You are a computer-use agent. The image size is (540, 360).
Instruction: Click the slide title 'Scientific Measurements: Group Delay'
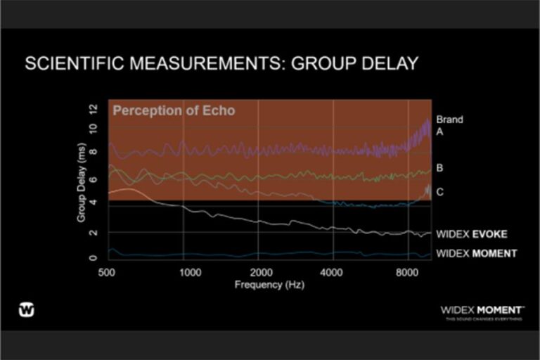(221, 64)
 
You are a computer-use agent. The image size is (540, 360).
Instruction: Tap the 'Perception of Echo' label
(174, 111)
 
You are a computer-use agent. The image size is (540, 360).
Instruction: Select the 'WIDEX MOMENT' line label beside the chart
(476, 253)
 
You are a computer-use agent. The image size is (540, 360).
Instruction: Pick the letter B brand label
(439, 168)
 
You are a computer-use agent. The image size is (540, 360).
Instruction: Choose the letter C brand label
(439, 191)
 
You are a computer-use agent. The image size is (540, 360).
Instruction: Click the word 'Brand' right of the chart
(449, 120)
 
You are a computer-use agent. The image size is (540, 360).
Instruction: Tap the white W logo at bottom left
(27, 309)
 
